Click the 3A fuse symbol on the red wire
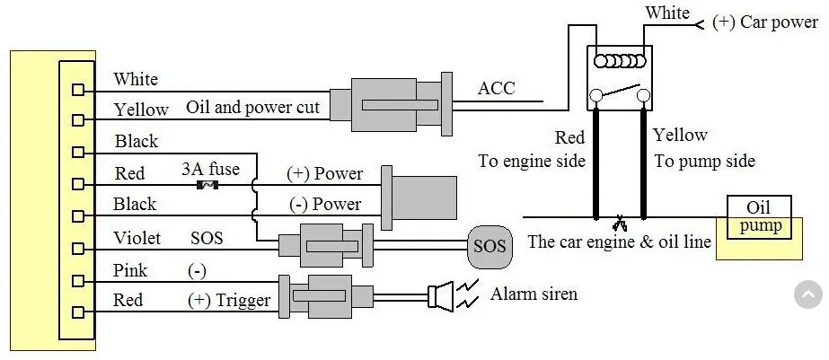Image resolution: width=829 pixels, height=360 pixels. [207, 185]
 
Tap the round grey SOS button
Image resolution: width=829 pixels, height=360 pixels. [490, 246]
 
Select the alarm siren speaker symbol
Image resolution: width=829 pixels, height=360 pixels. [441, 296]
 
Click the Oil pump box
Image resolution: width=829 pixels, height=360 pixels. [759, 217]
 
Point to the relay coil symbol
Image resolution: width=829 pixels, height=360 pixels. [620, 61]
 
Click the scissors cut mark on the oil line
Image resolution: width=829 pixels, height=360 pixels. [619, 224]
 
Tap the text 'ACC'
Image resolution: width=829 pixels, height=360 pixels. [496, 88]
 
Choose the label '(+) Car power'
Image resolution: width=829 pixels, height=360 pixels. [765, 22]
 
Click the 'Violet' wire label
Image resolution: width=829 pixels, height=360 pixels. [137, 238]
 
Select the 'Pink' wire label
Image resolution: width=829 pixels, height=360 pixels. [130, 270]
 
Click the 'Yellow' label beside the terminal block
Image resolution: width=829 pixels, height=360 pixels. [141, 110]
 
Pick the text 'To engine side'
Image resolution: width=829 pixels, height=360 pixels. [532, 161]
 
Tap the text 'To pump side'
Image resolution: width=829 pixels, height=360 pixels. [705, 161]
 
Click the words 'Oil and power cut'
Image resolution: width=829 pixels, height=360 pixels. [252, 108]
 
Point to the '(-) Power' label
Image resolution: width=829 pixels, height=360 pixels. [326, 204]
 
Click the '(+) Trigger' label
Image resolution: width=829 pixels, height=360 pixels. [229, 300]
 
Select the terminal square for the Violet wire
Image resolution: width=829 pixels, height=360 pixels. [78, 248]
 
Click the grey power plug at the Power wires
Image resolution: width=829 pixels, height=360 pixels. [419, 198]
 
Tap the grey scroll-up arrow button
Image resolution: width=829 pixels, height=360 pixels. [808, 294]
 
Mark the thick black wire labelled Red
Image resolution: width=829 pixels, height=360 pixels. [595, 162]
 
